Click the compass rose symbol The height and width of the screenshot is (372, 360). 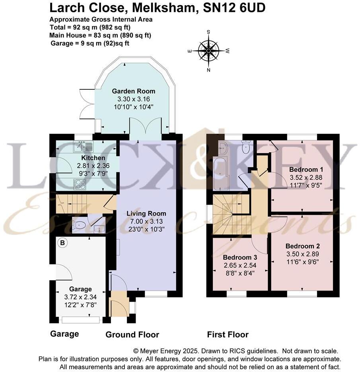pos(208,51)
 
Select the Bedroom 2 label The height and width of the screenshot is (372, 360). pos(303,246)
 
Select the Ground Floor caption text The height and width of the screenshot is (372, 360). pos(132,335)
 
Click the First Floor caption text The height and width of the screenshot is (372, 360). pos(228,335)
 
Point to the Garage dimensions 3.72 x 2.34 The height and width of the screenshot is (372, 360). pos(81,296)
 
